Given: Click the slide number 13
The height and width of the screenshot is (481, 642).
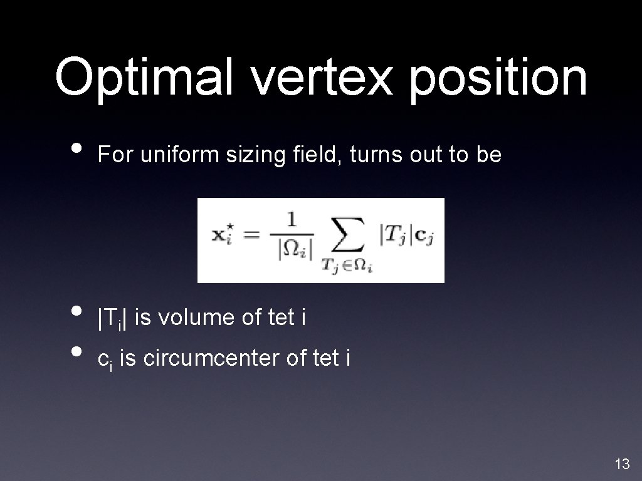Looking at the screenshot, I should [x=622, y=464].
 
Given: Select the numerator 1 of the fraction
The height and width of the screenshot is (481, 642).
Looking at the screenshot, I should [x=291, y=220].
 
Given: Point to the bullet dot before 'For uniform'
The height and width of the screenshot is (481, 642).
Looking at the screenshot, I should [x=77, y=149].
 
